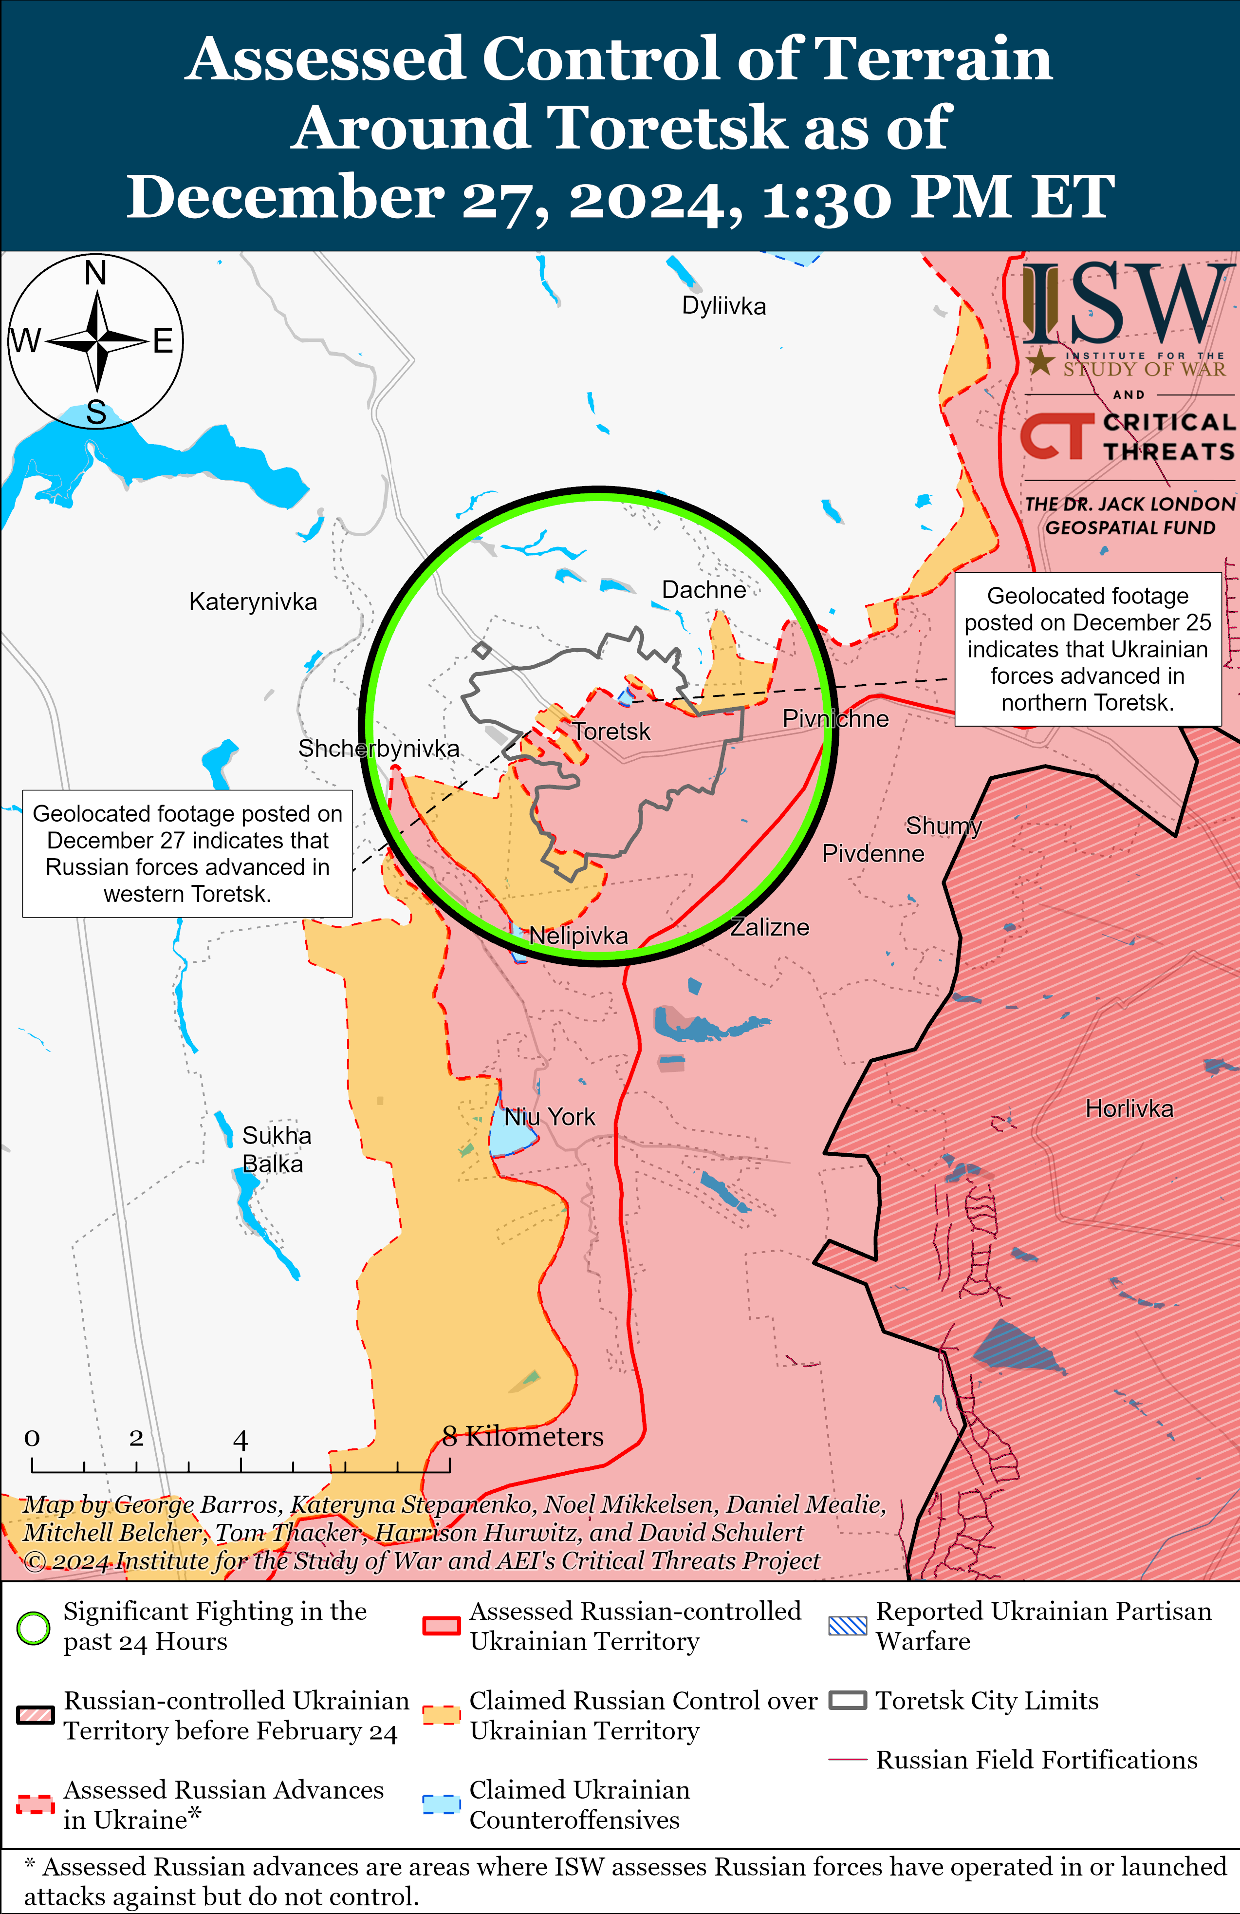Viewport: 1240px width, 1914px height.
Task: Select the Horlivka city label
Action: coord(1129,1109)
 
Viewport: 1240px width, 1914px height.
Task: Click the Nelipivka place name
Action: coord(578,936)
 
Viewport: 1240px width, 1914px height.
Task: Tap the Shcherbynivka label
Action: coord(379,749)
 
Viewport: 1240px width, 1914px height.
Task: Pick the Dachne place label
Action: coord(703,590)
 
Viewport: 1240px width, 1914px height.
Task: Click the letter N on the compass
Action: coord(96,273)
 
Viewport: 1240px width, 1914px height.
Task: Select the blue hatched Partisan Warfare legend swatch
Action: coord(848,1626)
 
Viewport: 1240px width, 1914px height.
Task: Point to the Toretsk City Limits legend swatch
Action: coord(848,1701)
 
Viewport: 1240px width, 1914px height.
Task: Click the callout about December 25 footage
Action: coord(1087,649)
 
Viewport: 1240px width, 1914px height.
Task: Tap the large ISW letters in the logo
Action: coord(1126,304)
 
